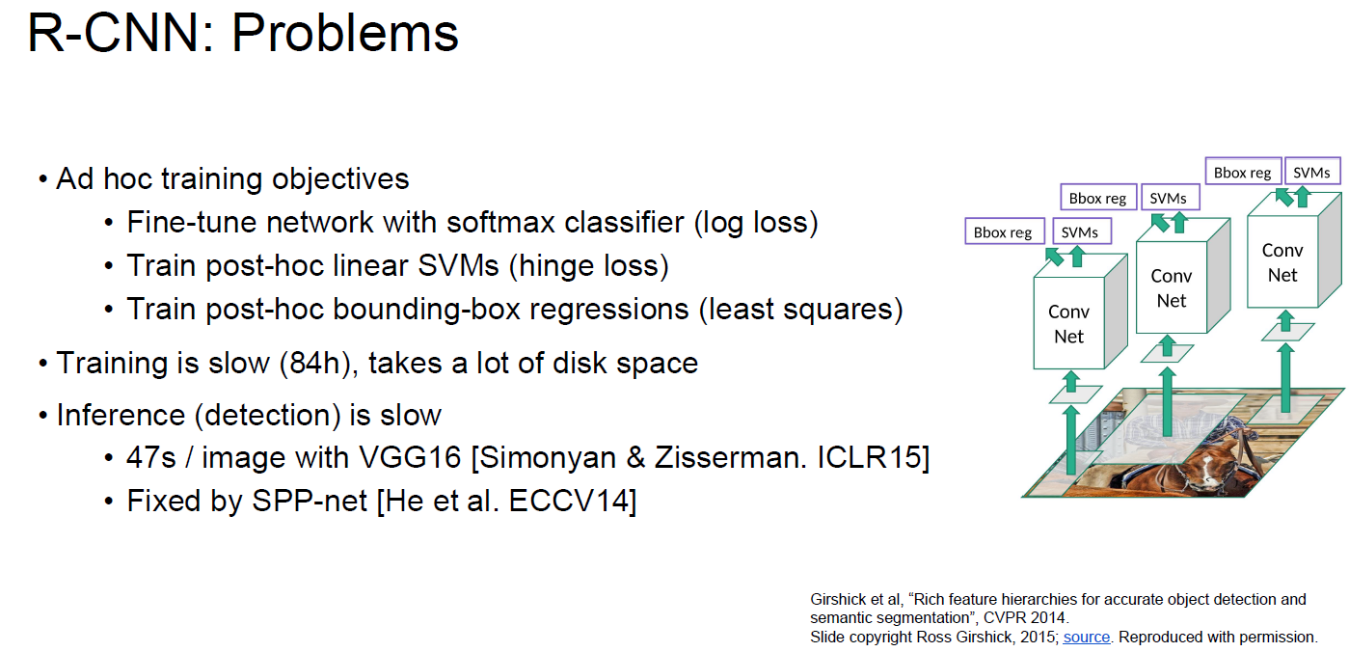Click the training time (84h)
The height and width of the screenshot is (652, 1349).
[x=312, y=364]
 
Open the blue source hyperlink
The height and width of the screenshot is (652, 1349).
[x=1086, y=637]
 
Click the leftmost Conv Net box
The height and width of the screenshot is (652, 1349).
[x=1068, y=324]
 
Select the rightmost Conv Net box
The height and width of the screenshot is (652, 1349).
[x=1282, y=262]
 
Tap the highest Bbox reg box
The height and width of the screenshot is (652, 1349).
[x=1242, y=173]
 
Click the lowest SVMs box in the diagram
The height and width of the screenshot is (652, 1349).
[x=1079, y=232]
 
